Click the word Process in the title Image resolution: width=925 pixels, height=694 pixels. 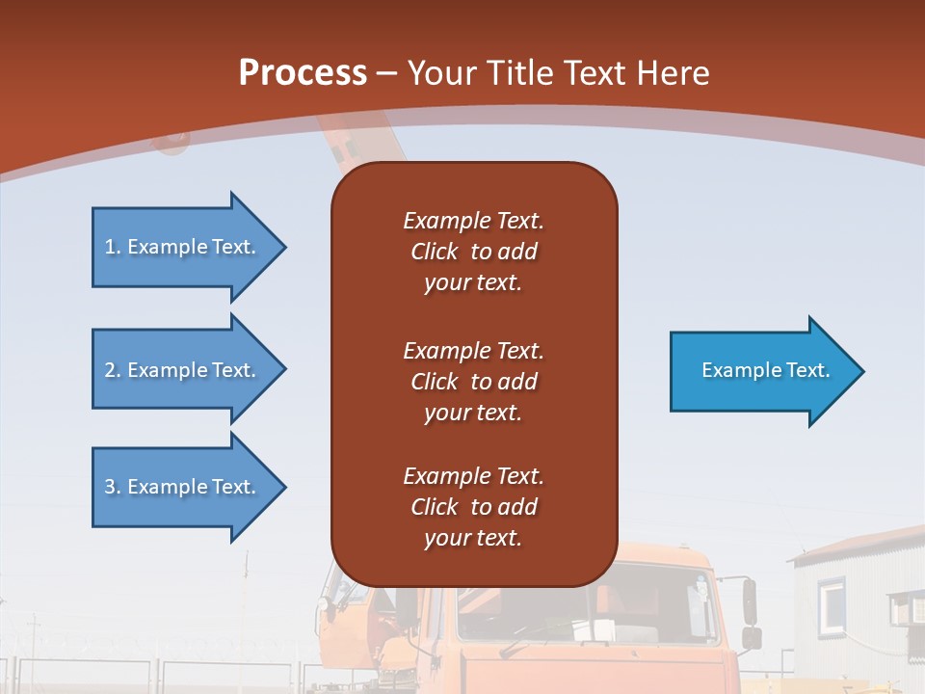click(x=303, y=72)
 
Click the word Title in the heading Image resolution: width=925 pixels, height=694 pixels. click(x=519, y=72)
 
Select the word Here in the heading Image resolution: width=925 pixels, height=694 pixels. click(x=674, y=72)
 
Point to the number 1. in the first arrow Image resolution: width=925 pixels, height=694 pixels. click(x=113, y=247)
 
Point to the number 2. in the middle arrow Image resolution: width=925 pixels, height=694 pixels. click(x=113, y=370)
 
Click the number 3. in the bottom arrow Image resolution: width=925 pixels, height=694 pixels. click(x=113, y=487)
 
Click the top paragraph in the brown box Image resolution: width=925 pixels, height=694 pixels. click(x=473, y=252)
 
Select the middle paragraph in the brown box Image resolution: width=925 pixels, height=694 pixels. click(x=473, y=382)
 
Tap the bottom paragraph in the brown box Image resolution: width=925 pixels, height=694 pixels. click(x=473, y=507)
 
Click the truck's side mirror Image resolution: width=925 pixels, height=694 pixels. click(x=750, y=601)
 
